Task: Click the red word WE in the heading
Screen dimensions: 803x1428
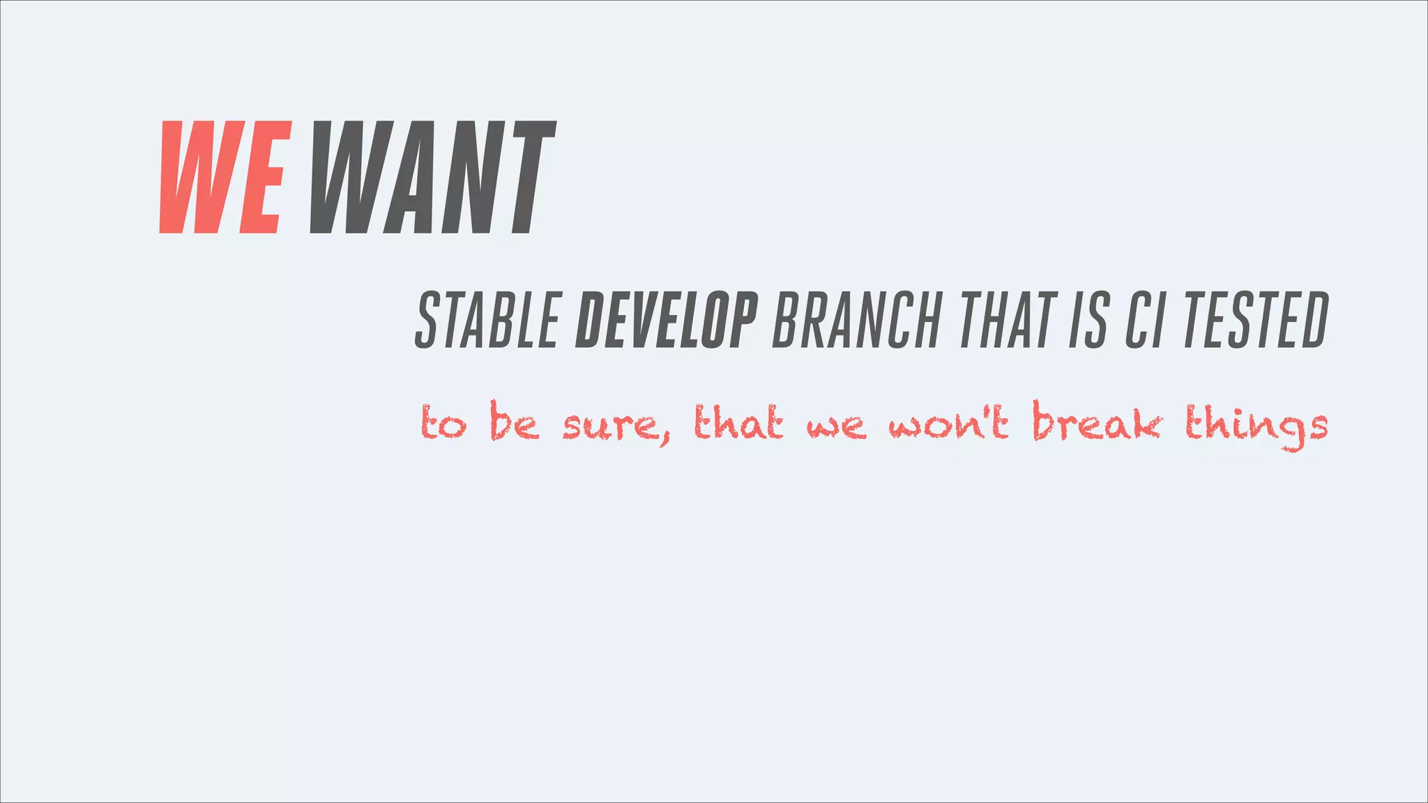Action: click(x=225, y=177)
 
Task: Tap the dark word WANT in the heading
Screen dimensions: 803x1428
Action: click(x=432, y=177)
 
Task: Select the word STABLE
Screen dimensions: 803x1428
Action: click(x=489, y=321)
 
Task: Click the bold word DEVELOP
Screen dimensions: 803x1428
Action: click(x=667, y=321)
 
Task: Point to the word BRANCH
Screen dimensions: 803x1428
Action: click(x=857, y=321)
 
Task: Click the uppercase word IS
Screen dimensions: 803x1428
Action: click(x=1088, y=321)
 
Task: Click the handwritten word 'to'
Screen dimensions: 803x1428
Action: click(x=443, y=424)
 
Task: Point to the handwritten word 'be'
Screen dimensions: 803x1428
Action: click(x=515, y=422)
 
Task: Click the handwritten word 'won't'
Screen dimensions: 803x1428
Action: click(x=948, y=424)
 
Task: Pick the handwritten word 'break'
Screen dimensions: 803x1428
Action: click(x=1096, y=422)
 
